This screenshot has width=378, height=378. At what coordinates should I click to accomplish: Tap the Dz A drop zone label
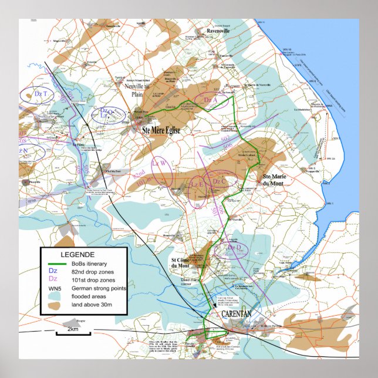pyautogui.click(x=210, y=100)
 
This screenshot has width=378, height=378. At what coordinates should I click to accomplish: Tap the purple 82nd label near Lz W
pyautogui.click(x=139, y=176)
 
